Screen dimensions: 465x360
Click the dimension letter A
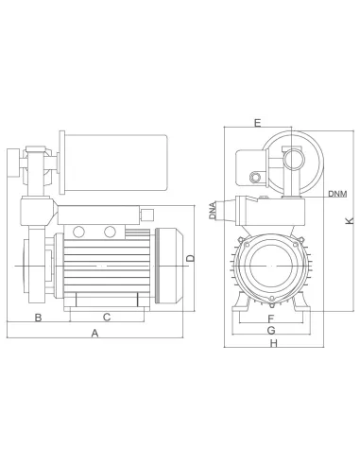[94, 334]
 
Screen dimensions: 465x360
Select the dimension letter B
[37, 316]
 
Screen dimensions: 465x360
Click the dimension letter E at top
[258, 122]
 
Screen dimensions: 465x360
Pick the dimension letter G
[270, 332]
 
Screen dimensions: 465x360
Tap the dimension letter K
[348, 220]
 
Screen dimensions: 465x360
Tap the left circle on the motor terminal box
[79, 231]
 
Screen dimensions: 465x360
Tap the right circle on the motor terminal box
[111, 231]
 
